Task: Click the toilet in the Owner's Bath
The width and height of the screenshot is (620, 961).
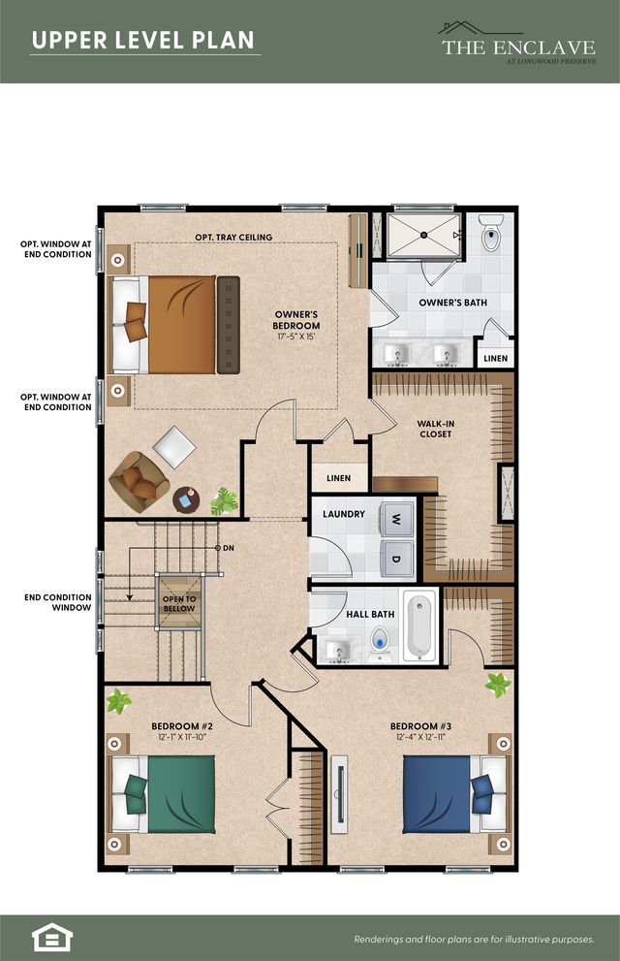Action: (491, 233)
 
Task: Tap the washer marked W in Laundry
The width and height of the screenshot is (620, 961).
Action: (397, 521)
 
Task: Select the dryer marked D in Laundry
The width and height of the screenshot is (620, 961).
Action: (397, 559)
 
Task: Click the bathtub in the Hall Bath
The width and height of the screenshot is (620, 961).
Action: (419, 625)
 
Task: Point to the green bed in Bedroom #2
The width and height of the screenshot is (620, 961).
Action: (162, 794)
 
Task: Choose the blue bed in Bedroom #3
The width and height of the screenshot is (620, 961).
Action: (456, 794)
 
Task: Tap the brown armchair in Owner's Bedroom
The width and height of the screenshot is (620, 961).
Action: (139, 482)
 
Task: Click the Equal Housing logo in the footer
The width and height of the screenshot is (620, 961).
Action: (52, 937)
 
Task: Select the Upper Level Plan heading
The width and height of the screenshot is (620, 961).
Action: (143, 41)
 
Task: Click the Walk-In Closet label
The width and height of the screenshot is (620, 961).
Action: (435, 429)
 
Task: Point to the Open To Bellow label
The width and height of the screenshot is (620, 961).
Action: (179, 604)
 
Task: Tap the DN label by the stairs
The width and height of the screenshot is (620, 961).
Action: (229, 548)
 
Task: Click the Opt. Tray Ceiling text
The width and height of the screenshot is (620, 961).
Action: (233, 238)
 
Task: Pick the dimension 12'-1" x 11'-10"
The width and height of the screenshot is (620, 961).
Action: (182, 737)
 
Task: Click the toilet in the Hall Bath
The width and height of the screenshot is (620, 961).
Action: (380, 643)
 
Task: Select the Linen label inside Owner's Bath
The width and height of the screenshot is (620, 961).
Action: (496, 359)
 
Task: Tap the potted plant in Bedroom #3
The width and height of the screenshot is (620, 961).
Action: (498, 684)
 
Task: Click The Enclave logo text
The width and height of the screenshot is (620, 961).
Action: (518, 48)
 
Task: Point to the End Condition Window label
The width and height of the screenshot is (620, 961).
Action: (57, 602)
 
